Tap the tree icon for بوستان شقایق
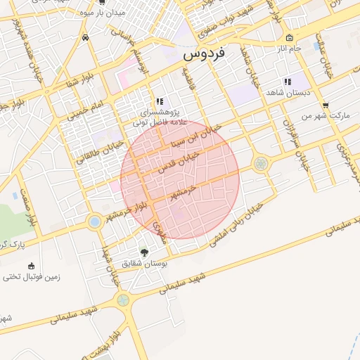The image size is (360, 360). coord(145,252)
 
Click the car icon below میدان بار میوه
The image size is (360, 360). coord(85,37)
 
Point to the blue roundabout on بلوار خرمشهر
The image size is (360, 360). coord(94,222)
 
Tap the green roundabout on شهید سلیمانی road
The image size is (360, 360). coord(124,300)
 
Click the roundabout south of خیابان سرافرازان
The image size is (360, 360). coord(261,164)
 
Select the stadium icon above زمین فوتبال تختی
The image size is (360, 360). coord(30,265)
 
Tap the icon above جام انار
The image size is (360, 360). coord(289,37)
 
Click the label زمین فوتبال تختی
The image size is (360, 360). coord(31,277)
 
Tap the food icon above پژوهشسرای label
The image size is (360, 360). coord(160,101)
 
